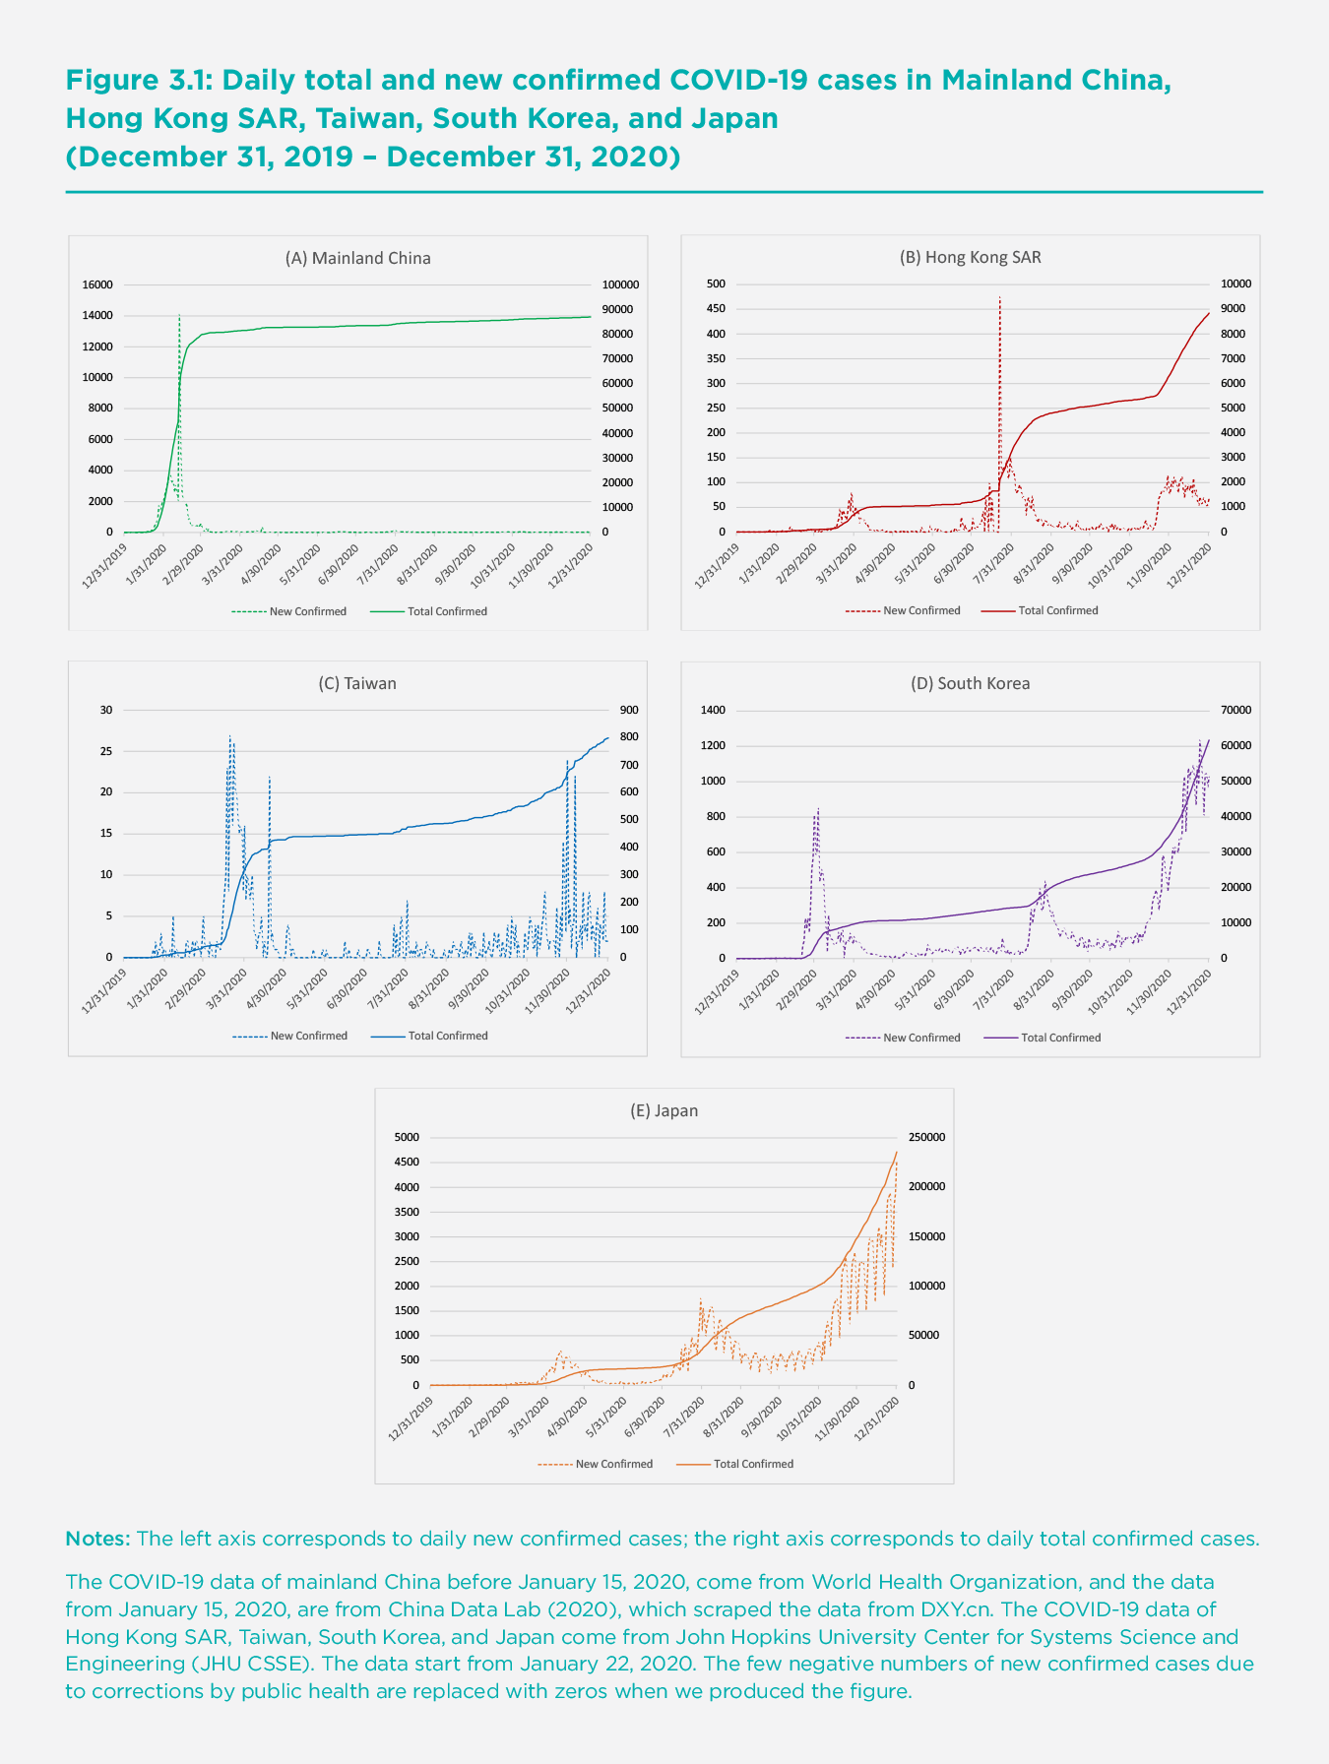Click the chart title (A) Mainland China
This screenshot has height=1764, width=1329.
point(357,258)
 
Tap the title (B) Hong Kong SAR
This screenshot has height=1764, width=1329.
point(970,257)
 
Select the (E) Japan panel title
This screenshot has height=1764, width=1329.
point(664,1110)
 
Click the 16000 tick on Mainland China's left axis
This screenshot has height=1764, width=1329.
point(97,284)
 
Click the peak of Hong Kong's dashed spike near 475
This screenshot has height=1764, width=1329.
point(999,296)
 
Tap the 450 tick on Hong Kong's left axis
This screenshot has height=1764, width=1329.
point(716,309)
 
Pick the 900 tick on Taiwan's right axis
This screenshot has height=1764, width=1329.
point(628,711)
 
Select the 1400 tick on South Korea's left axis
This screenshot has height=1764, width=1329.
point(712,711)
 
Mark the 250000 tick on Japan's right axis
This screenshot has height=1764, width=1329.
point(926,1137)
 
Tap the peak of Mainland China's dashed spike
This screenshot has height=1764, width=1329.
point(179,315)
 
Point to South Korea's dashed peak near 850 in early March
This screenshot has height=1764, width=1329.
point(818,808)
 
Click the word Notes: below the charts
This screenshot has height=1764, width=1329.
point(97,1539)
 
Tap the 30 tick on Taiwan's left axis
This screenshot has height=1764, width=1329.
point(106,711)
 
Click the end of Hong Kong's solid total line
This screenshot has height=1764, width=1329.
point(1209,313)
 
